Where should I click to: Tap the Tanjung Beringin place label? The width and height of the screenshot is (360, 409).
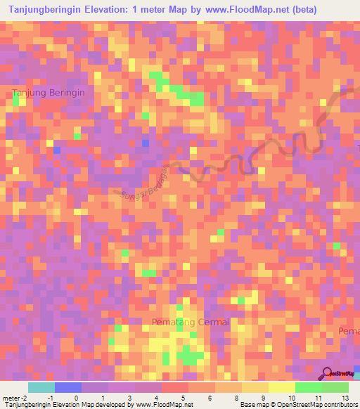[x=49, y=93]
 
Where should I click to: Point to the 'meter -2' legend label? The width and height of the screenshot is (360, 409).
[x=14, y=397]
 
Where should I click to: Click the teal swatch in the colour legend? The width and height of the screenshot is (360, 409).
[x=41, y=387]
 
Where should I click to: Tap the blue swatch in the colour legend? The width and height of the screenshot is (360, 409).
[x=68, y=387]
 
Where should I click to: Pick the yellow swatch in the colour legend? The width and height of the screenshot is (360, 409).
[x=282, y=387]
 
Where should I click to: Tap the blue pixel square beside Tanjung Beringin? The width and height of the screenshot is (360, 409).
[x=57, y=150]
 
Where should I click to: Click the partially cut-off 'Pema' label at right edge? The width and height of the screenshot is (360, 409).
[x=349, y=331]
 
